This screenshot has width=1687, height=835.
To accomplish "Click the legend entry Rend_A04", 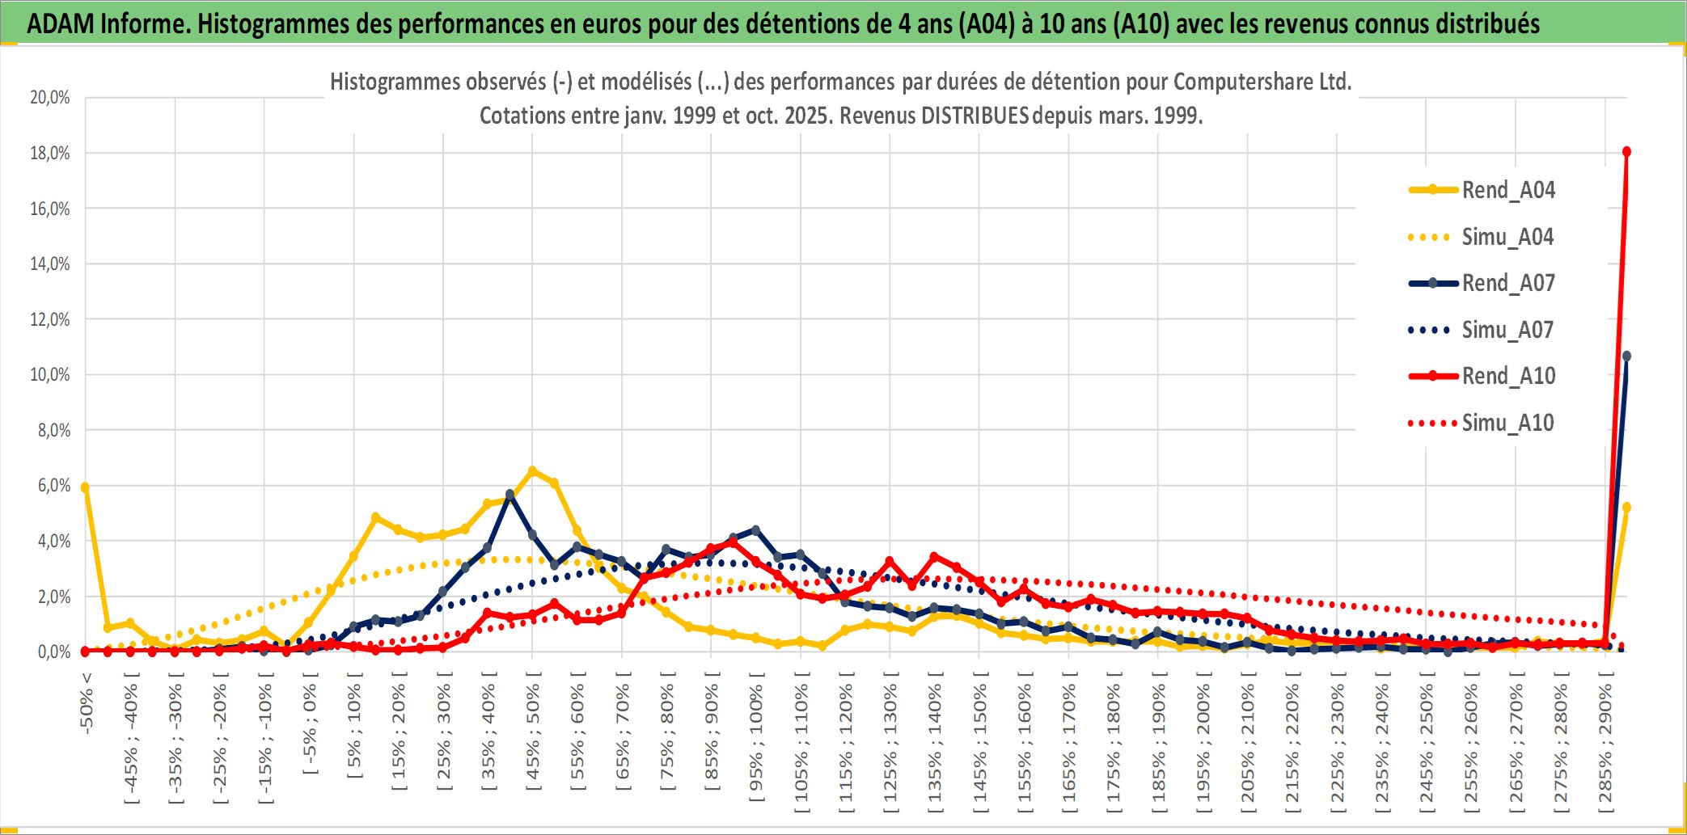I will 1507,190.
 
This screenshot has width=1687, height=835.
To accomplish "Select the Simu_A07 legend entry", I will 1507,330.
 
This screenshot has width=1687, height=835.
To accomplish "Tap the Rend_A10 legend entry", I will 1507,376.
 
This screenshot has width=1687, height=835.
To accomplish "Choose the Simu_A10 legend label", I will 1507,423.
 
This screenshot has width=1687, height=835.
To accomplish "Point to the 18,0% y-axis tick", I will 50,153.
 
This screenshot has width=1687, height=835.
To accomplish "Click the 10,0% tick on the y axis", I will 50,374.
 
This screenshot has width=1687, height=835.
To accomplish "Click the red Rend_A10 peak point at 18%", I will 1626,152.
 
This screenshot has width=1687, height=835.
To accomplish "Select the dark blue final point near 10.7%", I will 1626,356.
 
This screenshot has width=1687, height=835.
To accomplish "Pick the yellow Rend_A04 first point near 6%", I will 85,487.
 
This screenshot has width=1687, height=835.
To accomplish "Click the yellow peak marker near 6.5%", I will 532,470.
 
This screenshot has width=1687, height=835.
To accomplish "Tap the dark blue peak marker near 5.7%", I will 509,494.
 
